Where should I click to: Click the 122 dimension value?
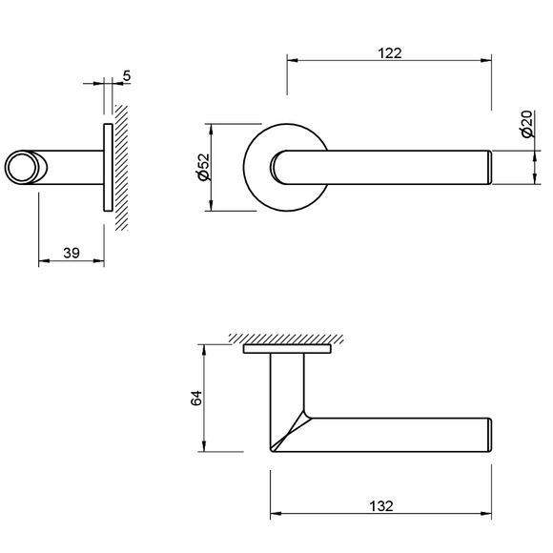(390, 53)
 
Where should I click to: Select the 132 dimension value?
(381, 506)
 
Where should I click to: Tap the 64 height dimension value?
(196, 398)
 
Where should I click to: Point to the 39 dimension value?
(72, 253)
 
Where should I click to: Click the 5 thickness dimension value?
(127, 76)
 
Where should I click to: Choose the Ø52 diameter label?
(204, 167)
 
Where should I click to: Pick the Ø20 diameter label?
(526, 124)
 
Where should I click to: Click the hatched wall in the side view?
(121, 168)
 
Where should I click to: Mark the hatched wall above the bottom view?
(286, 338)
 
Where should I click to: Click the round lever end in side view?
(21, 167)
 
